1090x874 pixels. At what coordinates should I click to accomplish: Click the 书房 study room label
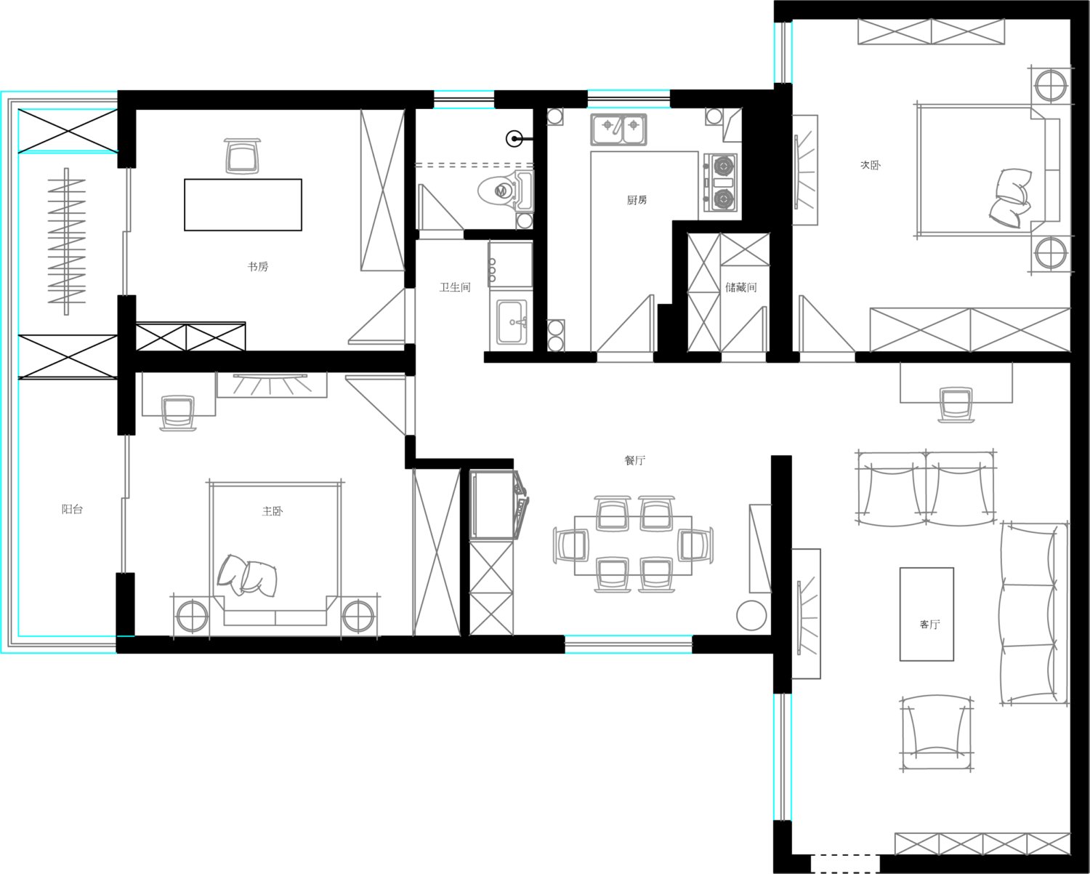pos(258,266)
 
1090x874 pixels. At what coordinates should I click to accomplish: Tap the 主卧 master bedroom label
pos(272,511)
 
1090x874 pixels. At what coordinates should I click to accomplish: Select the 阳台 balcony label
pos(72,509)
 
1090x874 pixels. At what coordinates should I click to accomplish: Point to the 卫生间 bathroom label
pos(455,287)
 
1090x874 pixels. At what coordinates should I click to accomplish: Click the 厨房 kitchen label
pos(637,200)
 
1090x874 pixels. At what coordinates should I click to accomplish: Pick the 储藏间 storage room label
pos(741,287)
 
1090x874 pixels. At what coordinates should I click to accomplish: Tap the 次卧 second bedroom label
pos(870,165)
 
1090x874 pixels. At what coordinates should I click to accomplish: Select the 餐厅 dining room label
pos(634,460)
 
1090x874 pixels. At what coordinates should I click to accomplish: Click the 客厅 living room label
pos(930,624)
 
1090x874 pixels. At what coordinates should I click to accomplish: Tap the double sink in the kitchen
pos(618,129)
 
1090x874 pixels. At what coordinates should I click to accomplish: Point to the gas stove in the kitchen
pos(719,183)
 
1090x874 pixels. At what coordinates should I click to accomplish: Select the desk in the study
pos(243,205)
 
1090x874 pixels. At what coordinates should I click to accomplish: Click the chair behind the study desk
pos(243,156)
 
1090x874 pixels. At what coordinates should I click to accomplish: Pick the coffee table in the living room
pos(926,614)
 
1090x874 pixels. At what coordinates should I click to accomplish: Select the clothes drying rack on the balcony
pos(66,241)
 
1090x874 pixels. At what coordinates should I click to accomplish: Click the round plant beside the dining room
pos(751,615)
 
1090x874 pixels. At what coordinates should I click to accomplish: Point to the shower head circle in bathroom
pos(514,138)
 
